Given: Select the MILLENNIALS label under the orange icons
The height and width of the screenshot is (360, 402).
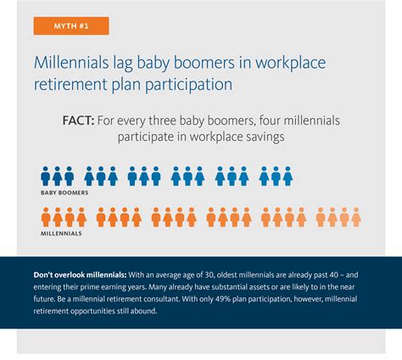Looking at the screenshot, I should (62, 232).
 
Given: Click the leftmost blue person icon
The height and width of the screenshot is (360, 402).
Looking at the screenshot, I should (47, 176).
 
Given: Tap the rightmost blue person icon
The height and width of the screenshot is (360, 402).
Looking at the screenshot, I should (288, 176).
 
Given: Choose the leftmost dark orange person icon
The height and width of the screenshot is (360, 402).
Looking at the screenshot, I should (47, 217).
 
